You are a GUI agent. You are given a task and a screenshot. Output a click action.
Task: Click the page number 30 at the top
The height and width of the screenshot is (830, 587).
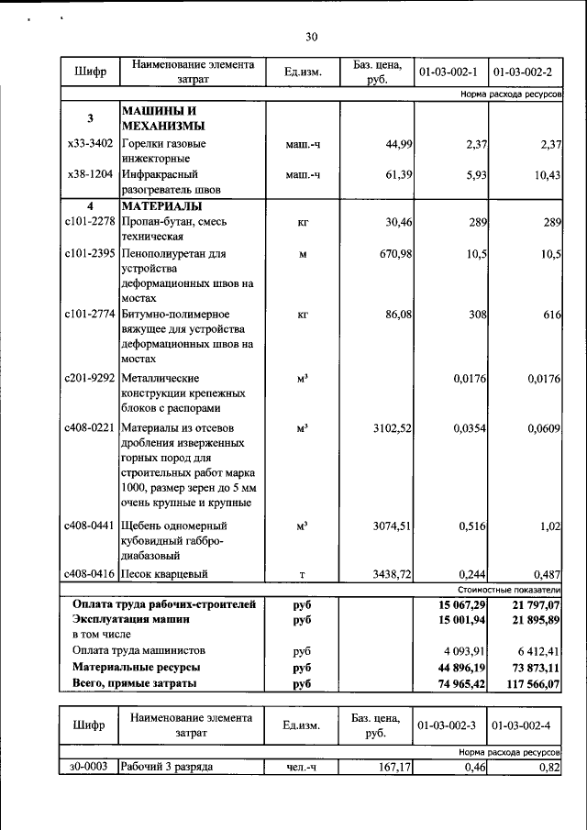click(311, 37)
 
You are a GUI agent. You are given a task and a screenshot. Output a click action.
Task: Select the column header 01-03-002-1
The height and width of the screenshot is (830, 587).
click(449, 72)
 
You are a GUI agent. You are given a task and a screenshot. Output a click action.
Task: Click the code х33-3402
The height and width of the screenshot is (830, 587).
click(90, 143)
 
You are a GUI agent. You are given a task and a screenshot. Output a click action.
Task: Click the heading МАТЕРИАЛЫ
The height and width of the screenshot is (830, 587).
click(161, 205)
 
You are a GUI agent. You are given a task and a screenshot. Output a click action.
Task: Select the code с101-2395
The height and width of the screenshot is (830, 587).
click(90, 253)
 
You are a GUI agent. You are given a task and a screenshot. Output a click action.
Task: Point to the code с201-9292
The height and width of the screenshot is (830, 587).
click(90, 377)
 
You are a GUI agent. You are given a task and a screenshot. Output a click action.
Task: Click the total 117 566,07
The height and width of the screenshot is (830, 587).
click(528, 683)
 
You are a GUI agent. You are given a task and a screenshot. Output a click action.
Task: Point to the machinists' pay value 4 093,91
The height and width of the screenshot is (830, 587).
click(456, 651)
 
